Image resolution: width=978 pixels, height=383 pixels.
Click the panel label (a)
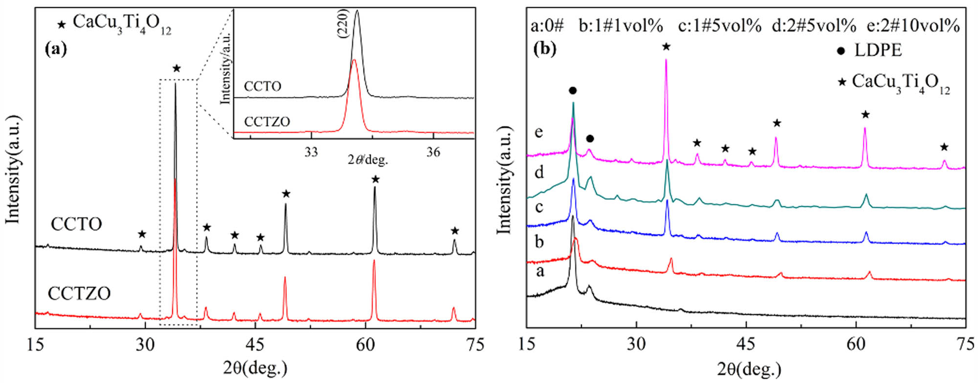pyautogui.click(x=55, y=49)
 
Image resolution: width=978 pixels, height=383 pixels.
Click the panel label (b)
pyautogui.click(x=545, y=49)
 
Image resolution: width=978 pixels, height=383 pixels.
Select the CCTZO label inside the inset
pyautogui.click(x=267, y=122)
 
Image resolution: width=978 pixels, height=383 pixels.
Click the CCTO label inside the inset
pyautogui.click(x=263, y=87)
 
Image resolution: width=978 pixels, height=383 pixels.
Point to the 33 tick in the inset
pyautogui.click(x=311, y=152)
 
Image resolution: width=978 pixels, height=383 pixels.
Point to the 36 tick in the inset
pyautogui.click(x=433, y=152)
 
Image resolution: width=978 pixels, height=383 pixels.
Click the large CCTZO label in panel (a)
pyautogui.click(x=79, y=293)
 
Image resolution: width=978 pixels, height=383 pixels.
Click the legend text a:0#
pyautogui.click(x=547, y=25)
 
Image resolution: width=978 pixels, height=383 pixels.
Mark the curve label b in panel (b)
pyautogui.click(x=539, y=242)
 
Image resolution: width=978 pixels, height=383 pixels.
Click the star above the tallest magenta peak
pyautogui.click(x=666, y=47)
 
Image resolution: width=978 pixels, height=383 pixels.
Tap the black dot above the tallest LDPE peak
pyautogui.click(x=573, y=91)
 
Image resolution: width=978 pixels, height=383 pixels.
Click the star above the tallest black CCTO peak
pyautogui.click(x=177, y=68)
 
